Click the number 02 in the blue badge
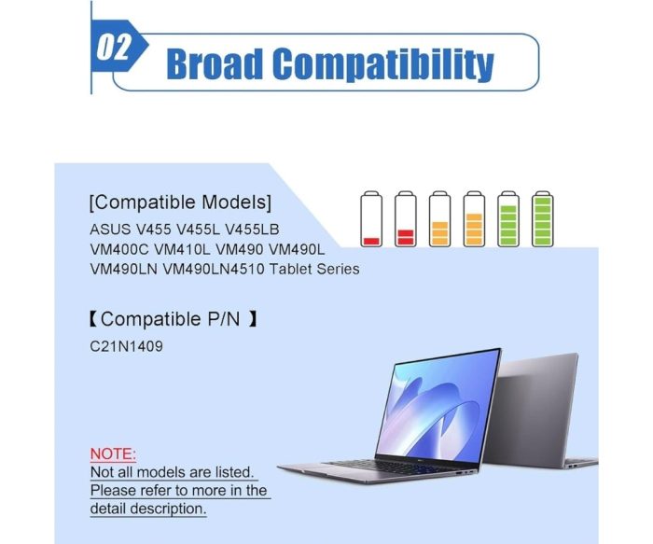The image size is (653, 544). click(x=113, y=47)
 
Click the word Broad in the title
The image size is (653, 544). click(x=215, y=63)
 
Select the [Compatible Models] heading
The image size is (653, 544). click(x=180, y=202)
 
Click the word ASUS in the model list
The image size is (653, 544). click(x=110, y=230)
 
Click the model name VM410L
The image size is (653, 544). click(x=183, y=249)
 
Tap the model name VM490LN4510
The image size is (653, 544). click(x=213, y=269)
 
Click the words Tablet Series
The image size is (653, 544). click(x=314, y=269)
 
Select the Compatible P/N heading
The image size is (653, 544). click(x=173, y=319)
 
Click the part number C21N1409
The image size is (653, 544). click(x=126, y=346)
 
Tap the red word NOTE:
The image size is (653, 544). click(x=113, y=453)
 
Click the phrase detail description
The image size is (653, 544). click(x=147, y=509)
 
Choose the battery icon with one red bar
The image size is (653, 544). click(x=371, y=219)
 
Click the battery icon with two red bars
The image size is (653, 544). click(x=405, y=219)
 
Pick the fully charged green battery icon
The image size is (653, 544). click(x=543, y=219)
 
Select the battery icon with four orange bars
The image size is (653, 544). click(x=474, y=219)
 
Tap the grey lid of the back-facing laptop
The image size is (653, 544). click(x=531, y=408)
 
